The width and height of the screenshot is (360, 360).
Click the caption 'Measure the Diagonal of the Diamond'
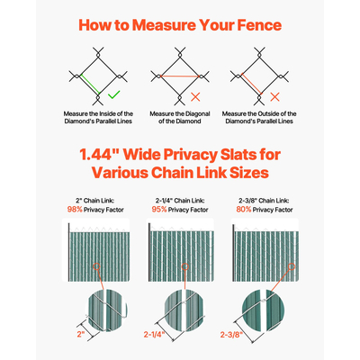tap(180, 118)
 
